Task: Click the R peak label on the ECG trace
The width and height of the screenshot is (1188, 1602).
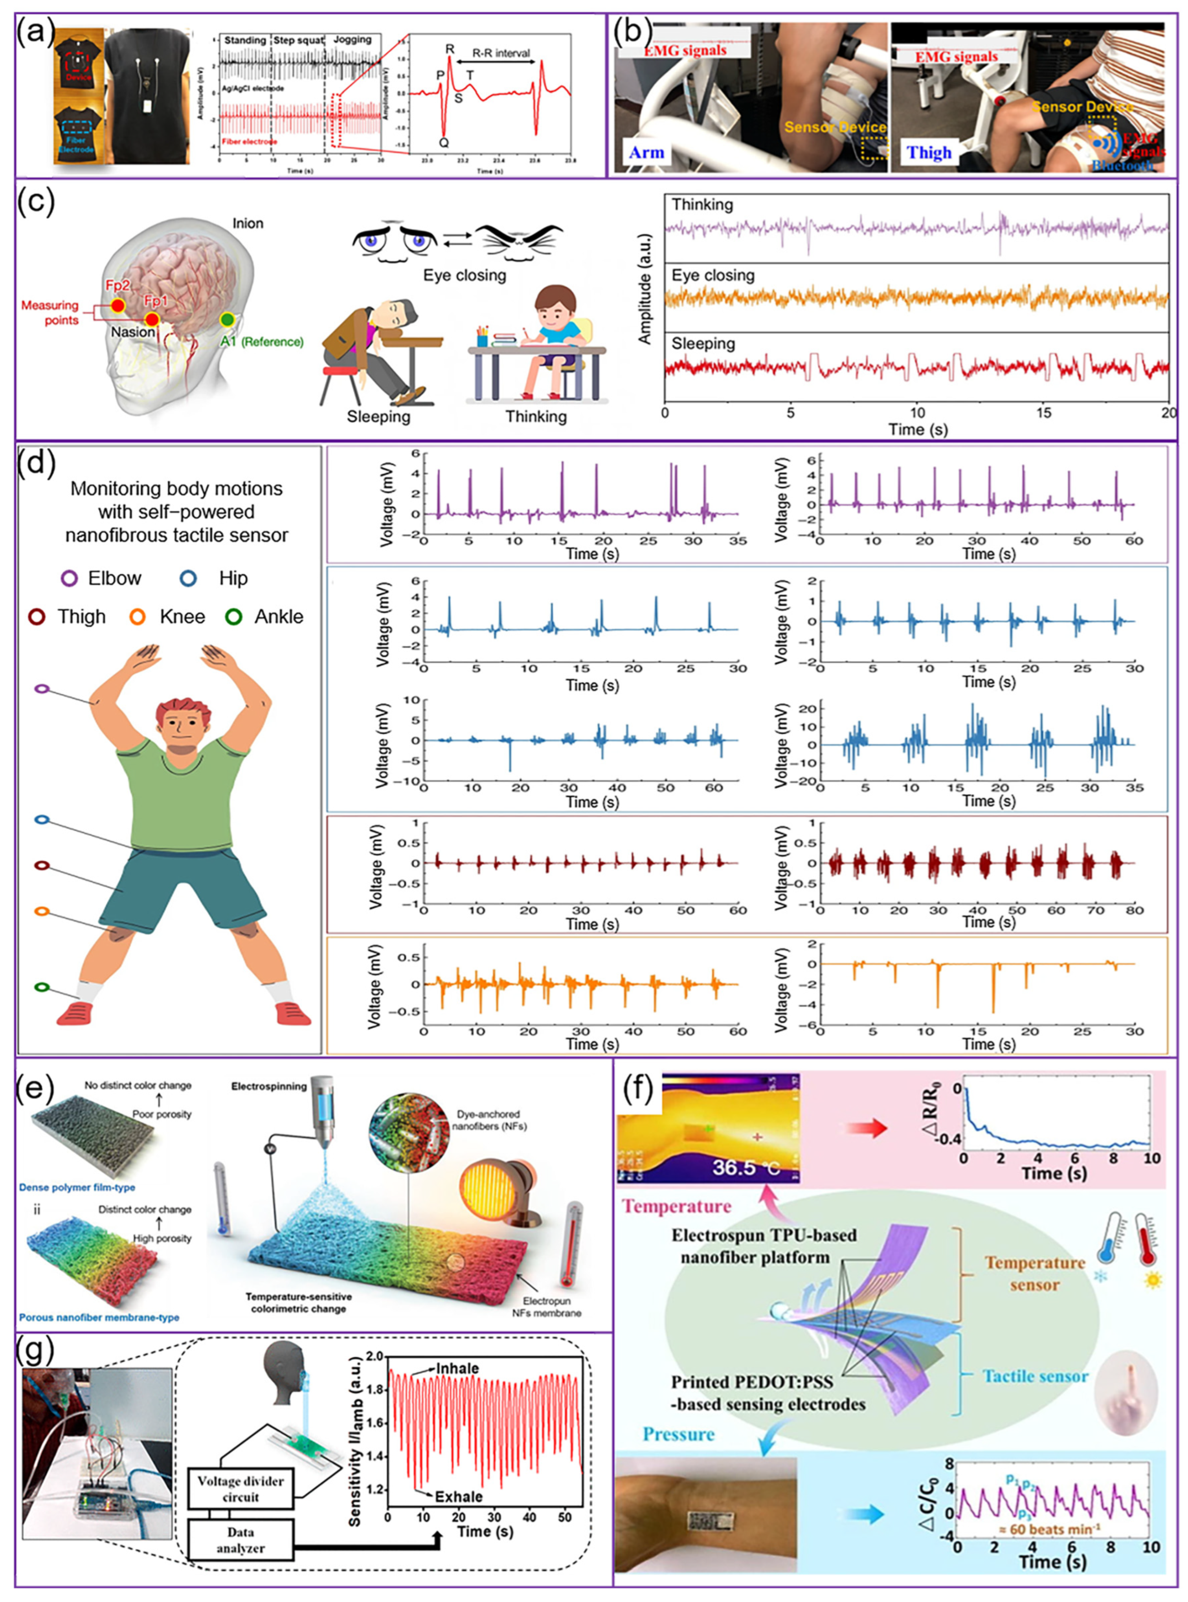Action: [x=450, y=49]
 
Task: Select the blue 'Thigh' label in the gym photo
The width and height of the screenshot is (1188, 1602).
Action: [x=929, y=152]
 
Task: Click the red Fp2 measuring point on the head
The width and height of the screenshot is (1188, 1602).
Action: [x=118, y=306]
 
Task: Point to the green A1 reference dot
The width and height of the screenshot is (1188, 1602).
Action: [x=227, y=318]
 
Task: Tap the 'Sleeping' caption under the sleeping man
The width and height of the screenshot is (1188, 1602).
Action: [x=378, y=417]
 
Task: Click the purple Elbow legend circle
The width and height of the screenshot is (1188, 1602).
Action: [x=70, y=579]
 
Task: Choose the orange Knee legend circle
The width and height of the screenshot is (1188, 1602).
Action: [x=138, y=617]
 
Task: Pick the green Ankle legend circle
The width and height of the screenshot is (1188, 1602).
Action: [x=233, y=617]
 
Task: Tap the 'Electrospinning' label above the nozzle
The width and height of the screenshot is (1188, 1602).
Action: [x=268, y=1087]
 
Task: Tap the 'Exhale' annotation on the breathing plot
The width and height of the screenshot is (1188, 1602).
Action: [x=458, y=1497]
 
